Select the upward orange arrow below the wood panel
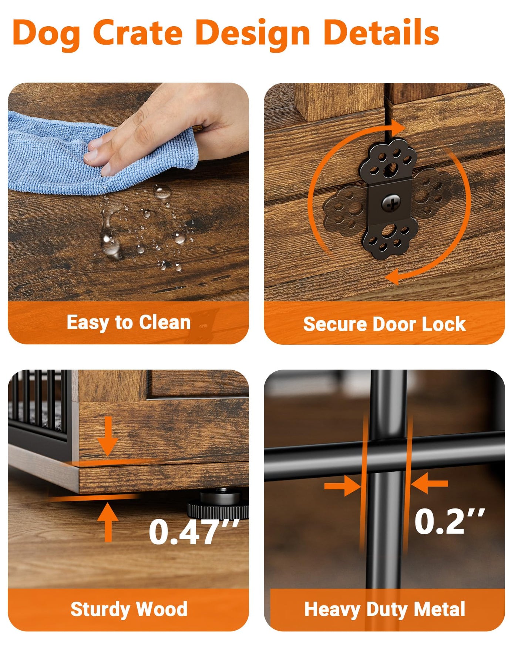[108, 522]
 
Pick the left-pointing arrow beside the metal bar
[429, 483]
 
